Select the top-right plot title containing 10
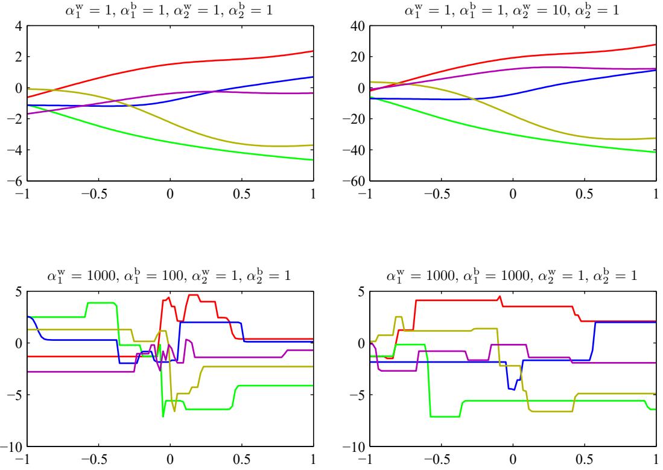tap(513, 9)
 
